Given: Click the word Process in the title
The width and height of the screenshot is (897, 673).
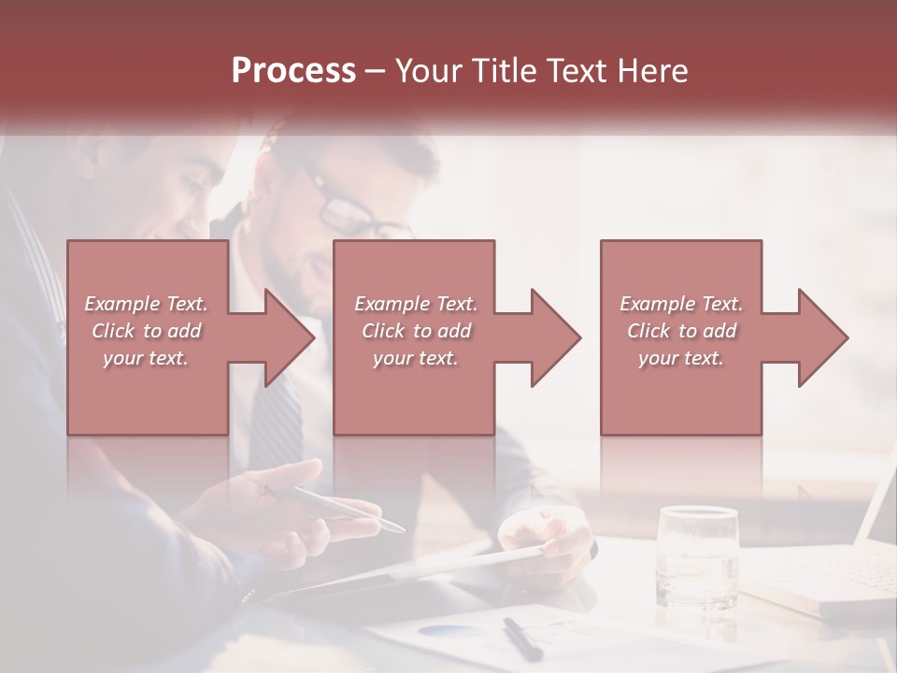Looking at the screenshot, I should tap(293, 71).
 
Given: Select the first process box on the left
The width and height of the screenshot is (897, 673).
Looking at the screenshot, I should tap(147, 393).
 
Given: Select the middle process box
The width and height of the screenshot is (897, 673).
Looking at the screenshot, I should tap(414, 393).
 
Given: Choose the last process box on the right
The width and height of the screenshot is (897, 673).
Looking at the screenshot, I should tap(680, 393).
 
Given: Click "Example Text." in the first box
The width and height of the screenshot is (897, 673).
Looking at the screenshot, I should tap(146, 304).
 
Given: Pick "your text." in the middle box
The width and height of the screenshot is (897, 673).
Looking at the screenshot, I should tap(415, 358).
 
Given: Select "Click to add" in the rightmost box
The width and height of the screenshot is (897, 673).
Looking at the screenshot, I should tap(682, 331).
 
